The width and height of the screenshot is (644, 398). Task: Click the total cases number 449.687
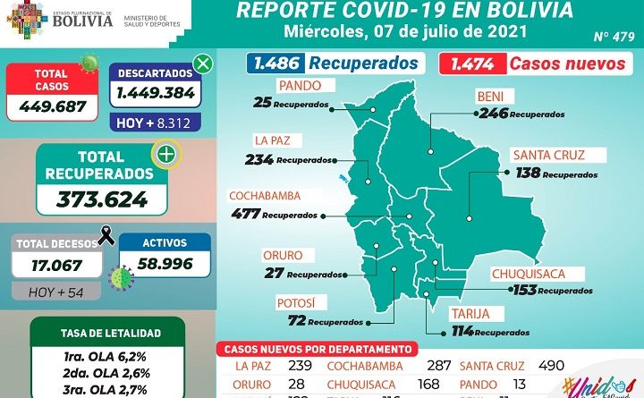[x=51, y=106]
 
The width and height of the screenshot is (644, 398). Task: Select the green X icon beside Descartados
[x=203, y=64]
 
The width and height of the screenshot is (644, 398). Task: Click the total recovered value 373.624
[x=102, y=198]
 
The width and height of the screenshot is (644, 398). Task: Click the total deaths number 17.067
[x=50, y=266]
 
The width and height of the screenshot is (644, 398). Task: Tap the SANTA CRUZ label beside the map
[x=548, y=156]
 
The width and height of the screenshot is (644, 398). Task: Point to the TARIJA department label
[x=468, y=314]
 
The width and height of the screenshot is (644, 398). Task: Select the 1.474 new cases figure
[x=471, y=64]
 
